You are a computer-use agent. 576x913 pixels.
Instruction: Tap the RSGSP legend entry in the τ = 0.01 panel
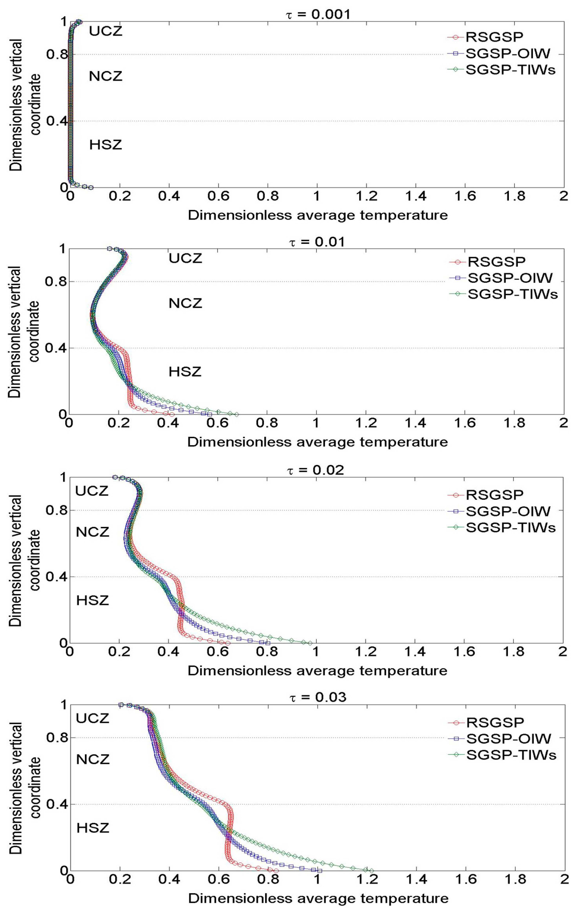click(x=496, y=262)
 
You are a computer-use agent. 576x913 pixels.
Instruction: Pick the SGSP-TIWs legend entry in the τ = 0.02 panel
click(x=510, y=527)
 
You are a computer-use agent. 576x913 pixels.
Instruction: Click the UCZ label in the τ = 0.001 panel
click(x=106, y=31)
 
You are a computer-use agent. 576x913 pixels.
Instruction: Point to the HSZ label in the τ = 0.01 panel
click(x=185, y=372)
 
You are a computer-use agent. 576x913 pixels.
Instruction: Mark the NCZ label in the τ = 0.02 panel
click(x=93, y=532)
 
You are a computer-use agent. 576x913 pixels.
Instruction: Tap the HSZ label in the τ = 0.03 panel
click(x=93, y=828)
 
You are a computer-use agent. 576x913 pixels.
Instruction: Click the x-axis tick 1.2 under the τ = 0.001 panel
click(x=366, y=196)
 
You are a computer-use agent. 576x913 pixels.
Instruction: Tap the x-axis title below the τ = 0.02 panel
click(x=317, y=670)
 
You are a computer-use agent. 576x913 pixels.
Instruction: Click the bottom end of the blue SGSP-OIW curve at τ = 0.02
click(x=268, y=643)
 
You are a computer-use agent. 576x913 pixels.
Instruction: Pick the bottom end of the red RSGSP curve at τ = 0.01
click(x=172, y=414)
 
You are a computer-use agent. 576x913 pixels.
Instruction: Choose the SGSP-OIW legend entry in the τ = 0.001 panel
click(x=507, y=54)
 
